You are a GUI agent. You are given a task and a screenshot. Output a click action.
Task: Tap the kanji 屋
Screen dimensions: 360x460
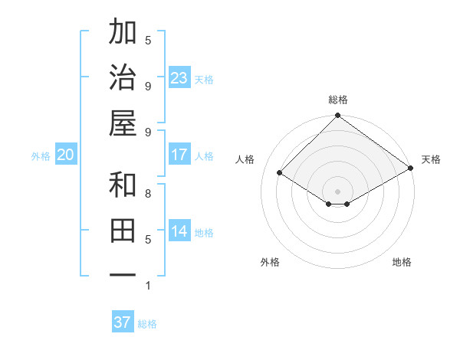(123, 123)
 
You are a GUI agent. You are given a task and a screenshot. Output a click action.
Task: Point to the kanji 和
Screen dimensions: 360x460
(123, 185)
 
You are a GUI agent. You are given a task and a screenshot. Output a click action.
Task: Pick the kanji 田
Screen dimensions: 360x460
(123, 230)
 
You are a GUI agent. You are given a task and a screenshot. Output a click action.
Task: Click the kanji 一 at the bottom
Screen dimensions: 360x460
(123, 275)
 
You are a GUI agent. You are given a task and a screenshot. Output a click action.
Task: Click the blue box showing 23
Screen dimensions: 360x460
(179, 77)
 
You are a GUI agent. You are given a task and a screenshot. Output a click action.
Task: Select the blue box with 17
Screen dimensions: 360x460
(179, 155)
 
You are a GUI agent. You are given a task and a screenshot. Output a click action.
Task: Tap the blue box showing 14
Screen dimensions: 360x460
(179, 231)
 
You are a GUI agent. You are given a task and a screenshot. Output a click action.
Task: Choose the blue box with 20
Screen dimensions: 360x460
(65, 155)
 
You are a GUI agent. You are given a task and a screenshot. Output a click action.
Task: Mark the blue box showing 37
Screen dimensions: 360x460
(123, 322)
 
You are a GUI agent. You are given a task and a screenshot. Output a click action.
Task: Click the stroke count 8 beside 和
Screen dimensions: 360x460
(148, 193)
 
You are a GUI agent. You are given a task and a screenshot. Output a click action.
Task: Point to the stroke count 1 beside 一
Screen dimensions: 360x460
(148, 286)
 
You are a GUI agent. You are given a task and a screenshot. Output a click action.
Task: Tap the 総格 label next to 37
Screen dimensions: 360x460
(147, 324)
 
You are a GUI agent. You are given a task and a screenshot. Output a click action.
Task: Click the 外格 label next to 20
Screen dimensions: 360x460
(41, 156)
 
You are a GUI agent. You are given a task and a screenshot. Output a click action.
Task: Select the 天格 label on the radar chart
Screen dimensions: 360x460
(431, 159)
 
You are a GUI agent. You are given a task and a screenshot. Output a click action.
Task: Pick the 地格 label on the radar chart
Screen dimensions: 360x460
(402, 262)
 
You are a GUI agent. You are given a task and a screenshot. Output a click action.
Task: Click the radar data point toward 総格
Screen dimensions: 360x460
(337, 116)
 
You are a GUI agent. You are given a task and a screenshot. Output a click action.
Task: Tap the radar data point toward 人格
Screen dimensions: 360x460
(280, 173)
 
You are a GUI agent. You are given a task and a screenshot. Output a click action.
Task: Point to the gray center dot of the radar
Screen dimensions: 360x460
(337, 191)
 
